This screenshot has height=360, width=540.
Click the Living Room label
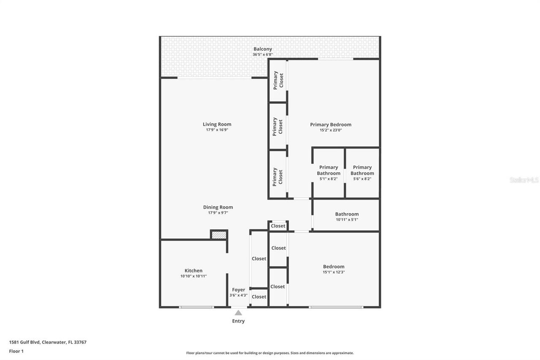(x=217, y=125)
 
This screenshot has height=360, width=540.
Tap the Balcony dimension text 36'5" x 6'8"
(x=262, y=54)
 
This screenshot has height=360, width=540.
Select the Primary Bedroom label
(x=330, y=125)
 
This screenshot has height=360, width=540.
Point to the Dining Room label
(x=218, y=207)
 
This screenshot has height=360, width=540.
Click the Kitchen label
(x=193, y=271)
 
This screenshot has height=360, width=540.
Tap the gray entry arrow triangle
(x=238, y=313)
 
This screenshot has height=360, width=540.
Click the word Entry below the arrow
(x=238, y=321)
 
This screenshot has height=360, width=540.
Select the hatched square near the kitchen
(x=219, y=235)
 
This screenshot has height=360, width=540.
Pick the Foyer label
(x=238, y=290)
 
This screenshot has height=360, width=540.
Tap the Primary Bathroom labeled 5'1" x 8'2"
(x=328, y=171)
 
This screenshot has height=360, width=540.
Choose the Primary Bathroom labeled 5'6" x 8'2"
(x=362, y=171)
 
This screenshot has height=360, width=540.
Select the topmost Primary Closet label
(x=278, y=80)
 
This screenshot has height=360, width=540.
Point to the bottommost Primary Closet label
(x=278, y=177)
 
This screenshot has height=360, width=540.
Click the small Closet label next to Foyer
(x=259, y=297)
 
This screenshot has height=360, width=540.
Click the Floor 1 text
(x=16, y=351)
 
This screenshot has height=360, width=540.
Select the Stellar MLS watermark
(x=524, y=180)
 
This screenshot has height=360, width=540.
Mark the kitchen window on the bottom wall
(x=196, y=307)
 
